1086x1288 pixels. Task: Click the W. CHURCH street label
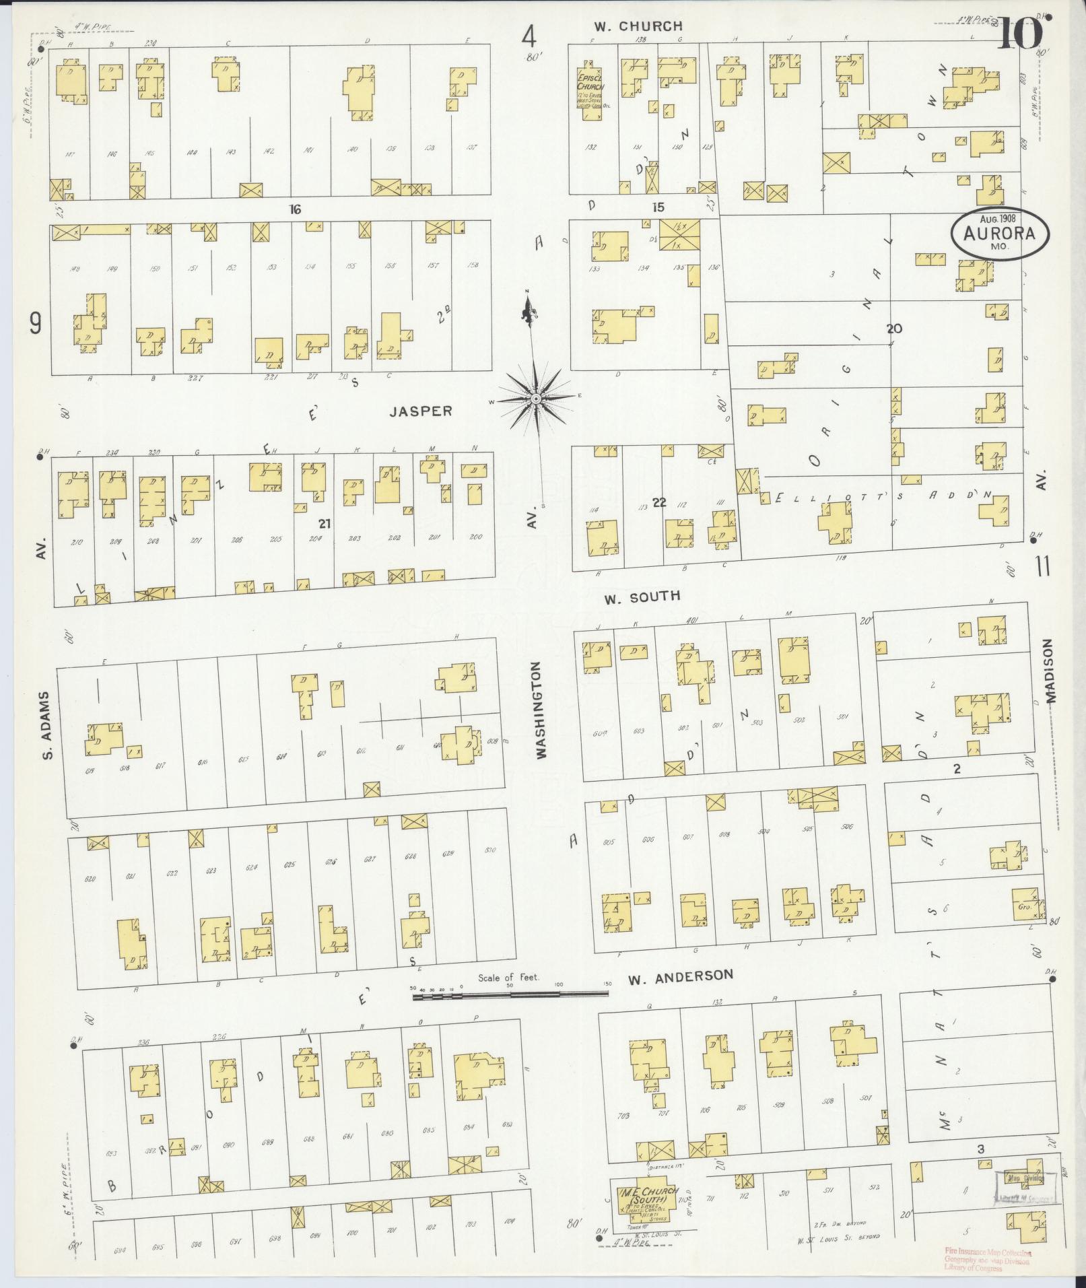tap(638, 26)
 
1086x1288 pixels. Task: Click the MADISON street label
tap(1051, 671)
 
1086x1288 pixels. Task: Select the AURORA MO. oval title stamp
tap(999, 233)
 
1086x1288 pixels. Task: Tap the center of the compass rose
tap(535, 399)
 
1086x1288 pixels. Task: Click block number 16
tap(294, 209)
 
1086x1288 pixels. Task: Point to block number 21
tap(325, 522)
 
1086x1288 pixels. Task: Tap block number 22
tap(659, 502)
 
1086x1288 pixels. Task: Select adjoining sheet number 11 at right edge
tap(1043, 567)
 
